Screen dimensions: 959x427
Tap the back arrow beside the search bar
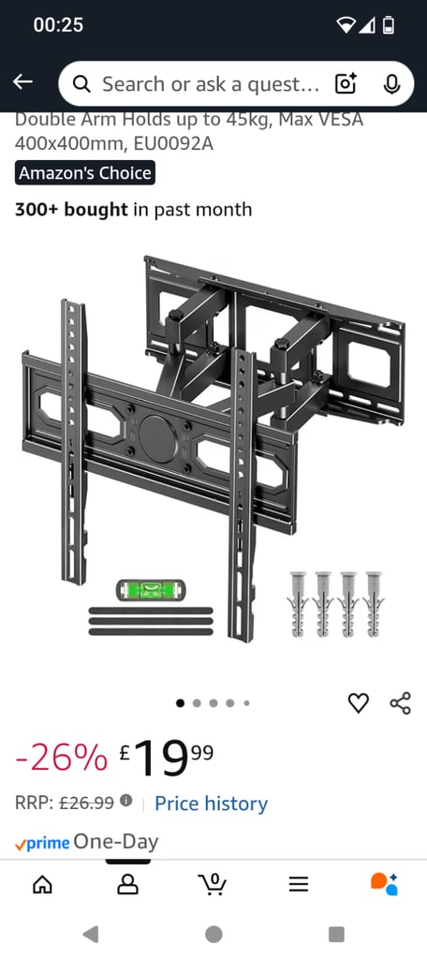pyautogui.click(x=22, y=83)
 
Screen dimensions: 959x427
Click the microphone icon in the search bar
pyautogui.click(x=392, y=84)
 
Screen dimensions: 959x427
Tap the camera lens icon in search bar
pyautogui.click(x=346, y=84)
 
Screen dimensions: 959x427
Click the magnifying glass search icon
pyautogui.click(x=82, y=84)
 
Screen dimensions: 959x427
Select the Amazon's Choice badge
pyautogui.click(x=84, y=173)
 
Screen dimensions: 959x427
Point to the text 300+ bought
pyautogui.click(x=71, y=210)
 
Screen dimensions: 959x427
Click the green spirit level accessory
pyautogui.click(x=151, y=590)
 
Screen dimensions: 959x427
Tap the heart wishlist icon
pyautogui.click(x=359, y=703)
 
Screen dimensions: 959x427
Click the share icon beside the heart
pyautogui.click(x=400, y=703)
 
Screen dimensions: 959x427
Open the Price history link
pyautogui.click(x=211, y=804)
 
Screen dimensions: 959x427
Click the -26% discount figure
pyautogui.click(x=61, y=758)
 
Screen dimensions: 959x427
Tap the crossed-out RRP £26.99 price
pyautogui.click(x=86, y=804)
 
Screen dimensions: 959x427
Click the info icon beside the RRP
pyautogui.click(x=125, y=803)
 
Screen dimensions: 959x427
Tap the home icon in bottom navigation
pyautogui.click(x=42, y=884)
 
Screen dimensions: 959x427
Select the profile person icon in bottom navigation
pyautogui.click(x=127, y=884)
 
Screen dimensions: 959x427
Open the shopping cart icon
pyautogui.click(x=213, y=884)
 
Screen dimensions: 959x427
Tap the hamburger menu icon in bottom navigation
pyautogui.click(x=298, y=884)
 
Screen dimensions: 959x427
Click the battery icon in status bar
pyautogui.click(x=389, y=26)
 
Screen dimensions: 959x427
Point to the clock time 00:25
pyautogui.click(x=58, y=26)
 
